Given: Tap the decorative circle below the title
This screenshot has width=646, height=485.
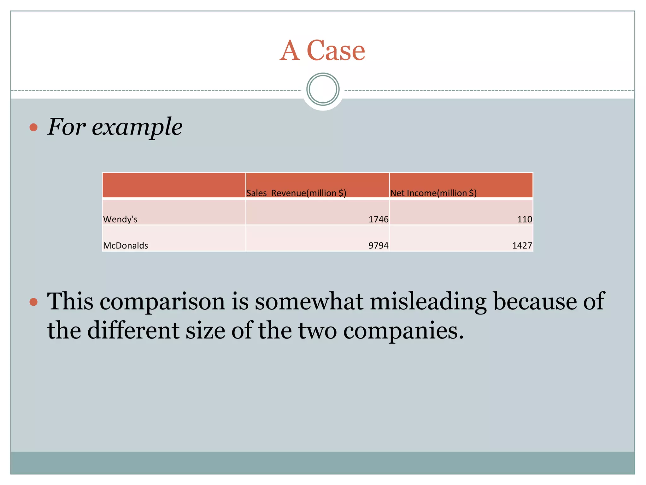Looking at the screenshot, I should point(323,89).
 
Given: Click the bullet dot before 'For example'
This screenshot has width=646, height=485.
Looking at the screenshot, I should point(33,127).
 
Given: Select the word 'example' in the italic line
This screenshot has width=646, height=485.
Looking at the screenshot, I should point(137,127).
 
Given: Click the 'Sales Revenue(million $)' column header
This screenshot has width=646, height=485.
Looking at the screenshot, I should point(296,193).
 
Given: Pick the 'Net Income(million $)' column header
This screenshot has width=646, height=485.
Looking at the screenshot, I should point(433,193).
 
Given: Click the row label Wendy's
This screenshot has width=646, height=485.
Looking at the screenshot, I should point(120,219).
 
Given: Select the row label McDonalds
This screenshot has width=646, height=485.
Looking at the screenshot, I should point(126,245).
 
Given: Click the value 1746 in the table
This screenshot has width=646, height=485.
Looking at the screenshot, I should point(379,219).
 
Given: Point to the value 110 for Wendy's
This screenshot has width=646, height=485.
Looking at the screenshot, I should point(525,219).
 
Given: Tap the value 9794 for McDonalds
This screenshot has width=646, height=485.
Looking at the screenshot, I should point(379,245).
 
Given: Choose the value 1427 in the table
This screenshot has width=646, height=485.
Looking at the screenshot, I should point(522,245).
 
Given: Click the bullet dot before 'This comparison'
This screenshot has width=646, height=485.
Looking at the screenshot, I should point(33,302).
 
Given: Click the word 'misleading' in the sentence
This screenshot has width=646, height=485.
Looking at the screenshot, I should point(428,302).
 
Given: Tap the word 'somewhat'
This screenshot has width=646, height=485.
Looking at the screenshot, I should point(309,301).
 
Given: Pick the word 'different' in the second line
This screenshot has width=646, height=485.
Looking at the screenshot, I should point(133,330).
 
